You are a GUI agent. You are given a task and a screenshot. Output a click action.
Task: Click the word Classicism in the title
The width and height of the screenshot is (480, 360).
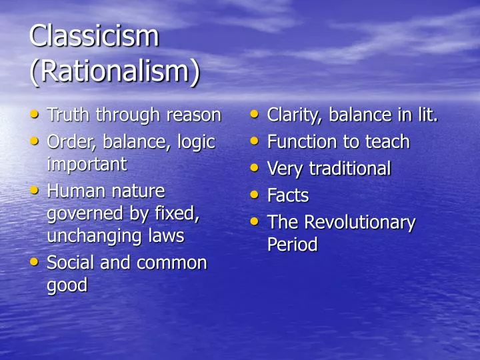click(94, 36)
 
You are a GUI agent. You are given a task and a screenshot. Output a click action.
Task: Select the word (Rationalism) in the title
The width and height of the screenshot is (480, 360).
click(114, 72)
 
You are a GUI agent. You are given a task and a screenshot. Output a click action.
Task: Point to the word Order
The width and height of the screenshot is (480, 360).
click(70, 142)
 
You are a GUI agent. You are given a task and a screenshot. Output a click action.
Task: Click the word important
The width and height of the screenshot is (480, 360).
click(87, 164)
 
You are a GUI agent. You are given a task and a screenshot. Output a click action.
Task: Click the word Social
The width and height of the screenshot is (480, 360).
click(71, 263)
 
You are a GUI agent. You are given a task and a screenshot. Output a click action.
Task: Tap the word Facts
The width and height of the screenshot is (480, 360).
click(288, 195)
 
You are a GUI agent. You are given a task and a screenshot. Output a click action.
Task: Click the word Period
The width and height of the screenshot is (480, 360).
click(292, 245)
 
